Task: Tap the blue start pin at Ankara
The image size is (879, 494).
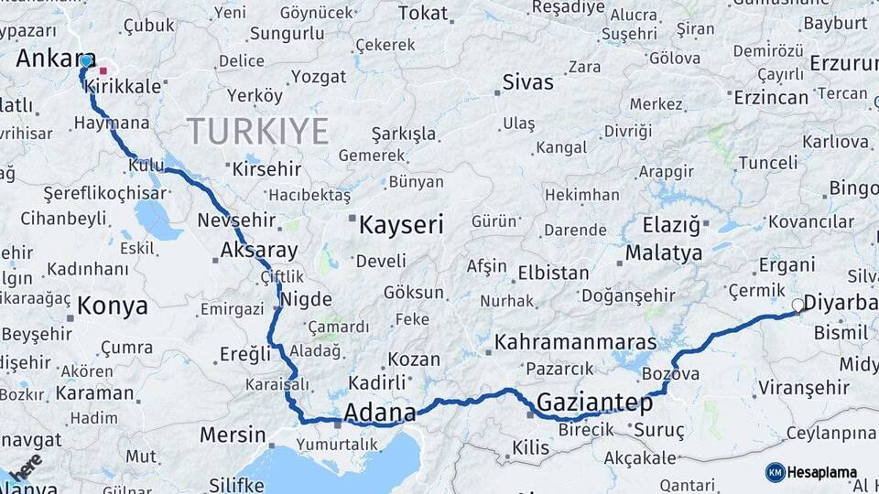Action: [86, 61]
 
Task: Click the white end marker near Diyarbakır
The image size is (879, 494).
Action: [798, 306]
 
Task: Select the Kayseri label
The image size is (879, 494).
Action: [401, 225]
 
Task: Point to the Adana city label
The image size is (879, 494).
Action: [380, 411]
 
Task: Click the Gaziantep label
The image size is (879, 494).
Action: [594, 403]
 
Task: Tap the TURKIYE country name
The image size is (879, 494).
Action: [257, 132]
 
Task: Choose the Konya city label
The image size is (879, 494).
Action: [112, 306]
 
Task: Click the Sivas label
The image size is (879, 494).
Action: [528, 82]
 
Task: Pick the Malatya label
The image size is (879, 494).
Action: [664, 253]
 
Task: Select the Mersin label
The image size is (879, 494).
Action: [232, 434]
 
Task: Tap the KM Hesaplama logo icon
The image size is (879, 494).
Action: [775, 472]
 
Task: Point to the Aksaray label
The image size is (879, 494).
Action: [259, 250]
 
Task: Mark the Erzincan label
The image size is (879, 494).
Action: [771, 97]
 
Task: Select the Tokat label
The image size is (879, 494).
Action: [424, 13]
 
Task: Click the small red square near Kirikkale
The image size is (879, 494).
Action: [103, 70]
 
